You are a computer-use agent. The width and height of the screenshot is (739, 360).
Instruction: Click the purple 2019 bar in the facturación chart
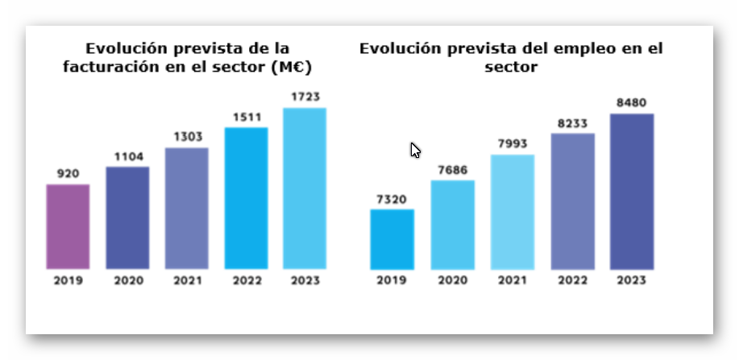pyautogui.click(x=68, y=226)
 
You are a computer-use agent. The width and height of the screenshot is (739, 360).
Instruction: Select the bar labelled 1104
pyautogui.click(x=127, y=217)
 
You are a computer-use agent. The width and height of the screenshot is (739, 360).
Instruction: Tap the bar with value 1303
pyautogui.click(x=186, y=208)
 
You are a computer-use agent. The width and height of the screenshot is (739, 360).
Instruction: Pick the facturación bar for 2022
pyautogui.click(x=246, y=198)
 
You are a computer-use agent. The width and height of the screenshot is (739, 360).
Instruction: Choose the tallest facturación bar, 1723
pyautogui.click(x=305, y=188)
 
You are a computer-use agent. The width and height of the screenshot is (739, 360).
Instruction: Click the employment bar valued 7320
pyautogui.click(x=392, y=239)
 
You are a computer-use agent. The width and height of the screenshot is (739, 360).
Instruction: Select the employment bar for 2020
pyautogui.click(x=452, y=225)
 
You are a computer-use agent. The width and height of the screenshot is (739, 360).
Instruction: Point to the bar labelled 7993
pyautogui.click(x=512, y=212)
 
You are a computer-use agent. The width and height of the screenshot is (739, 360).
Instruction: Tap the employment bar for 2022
pyautogui.click(x=572, y=201)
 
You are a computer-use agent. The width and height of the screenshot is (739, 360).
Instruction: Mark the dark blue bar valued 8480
pyautogui.click(x=632, y=192)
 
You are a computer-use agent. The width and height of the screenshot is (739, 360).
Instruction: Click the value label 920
pyautogui.click(x=68, y=173)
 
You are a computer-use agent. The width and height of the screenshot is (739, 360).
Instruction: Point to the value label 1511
pyautogui.click(x=246, y=116)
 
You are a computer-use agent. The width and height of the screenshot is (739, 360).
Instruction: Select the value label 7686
pyautogui.click(x=452, y=169)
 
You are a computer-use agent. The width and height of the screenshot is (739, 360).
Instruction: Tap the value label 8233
pyautogui.click(x=572, y=122)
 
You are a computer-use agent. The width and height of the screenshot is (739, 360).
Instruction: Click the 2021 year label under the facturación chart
pyautogui.click(x=186, y=280)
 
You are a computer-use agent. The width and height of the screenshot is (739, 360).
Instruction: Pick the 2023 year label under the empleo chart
pyautogui.click(x=632, y=280)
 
